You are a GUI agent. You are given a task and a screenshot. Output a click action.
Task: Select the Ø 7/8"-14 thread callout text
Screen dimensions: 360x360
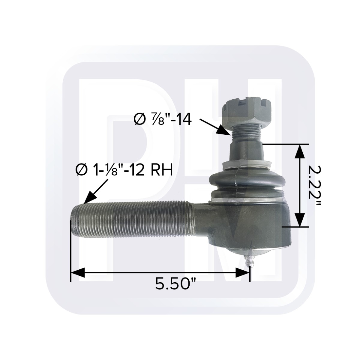tap(162, 120)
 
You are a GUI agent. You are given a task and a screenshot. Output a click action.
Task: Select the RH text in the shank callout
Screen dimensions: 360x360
tap(163, 171)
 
